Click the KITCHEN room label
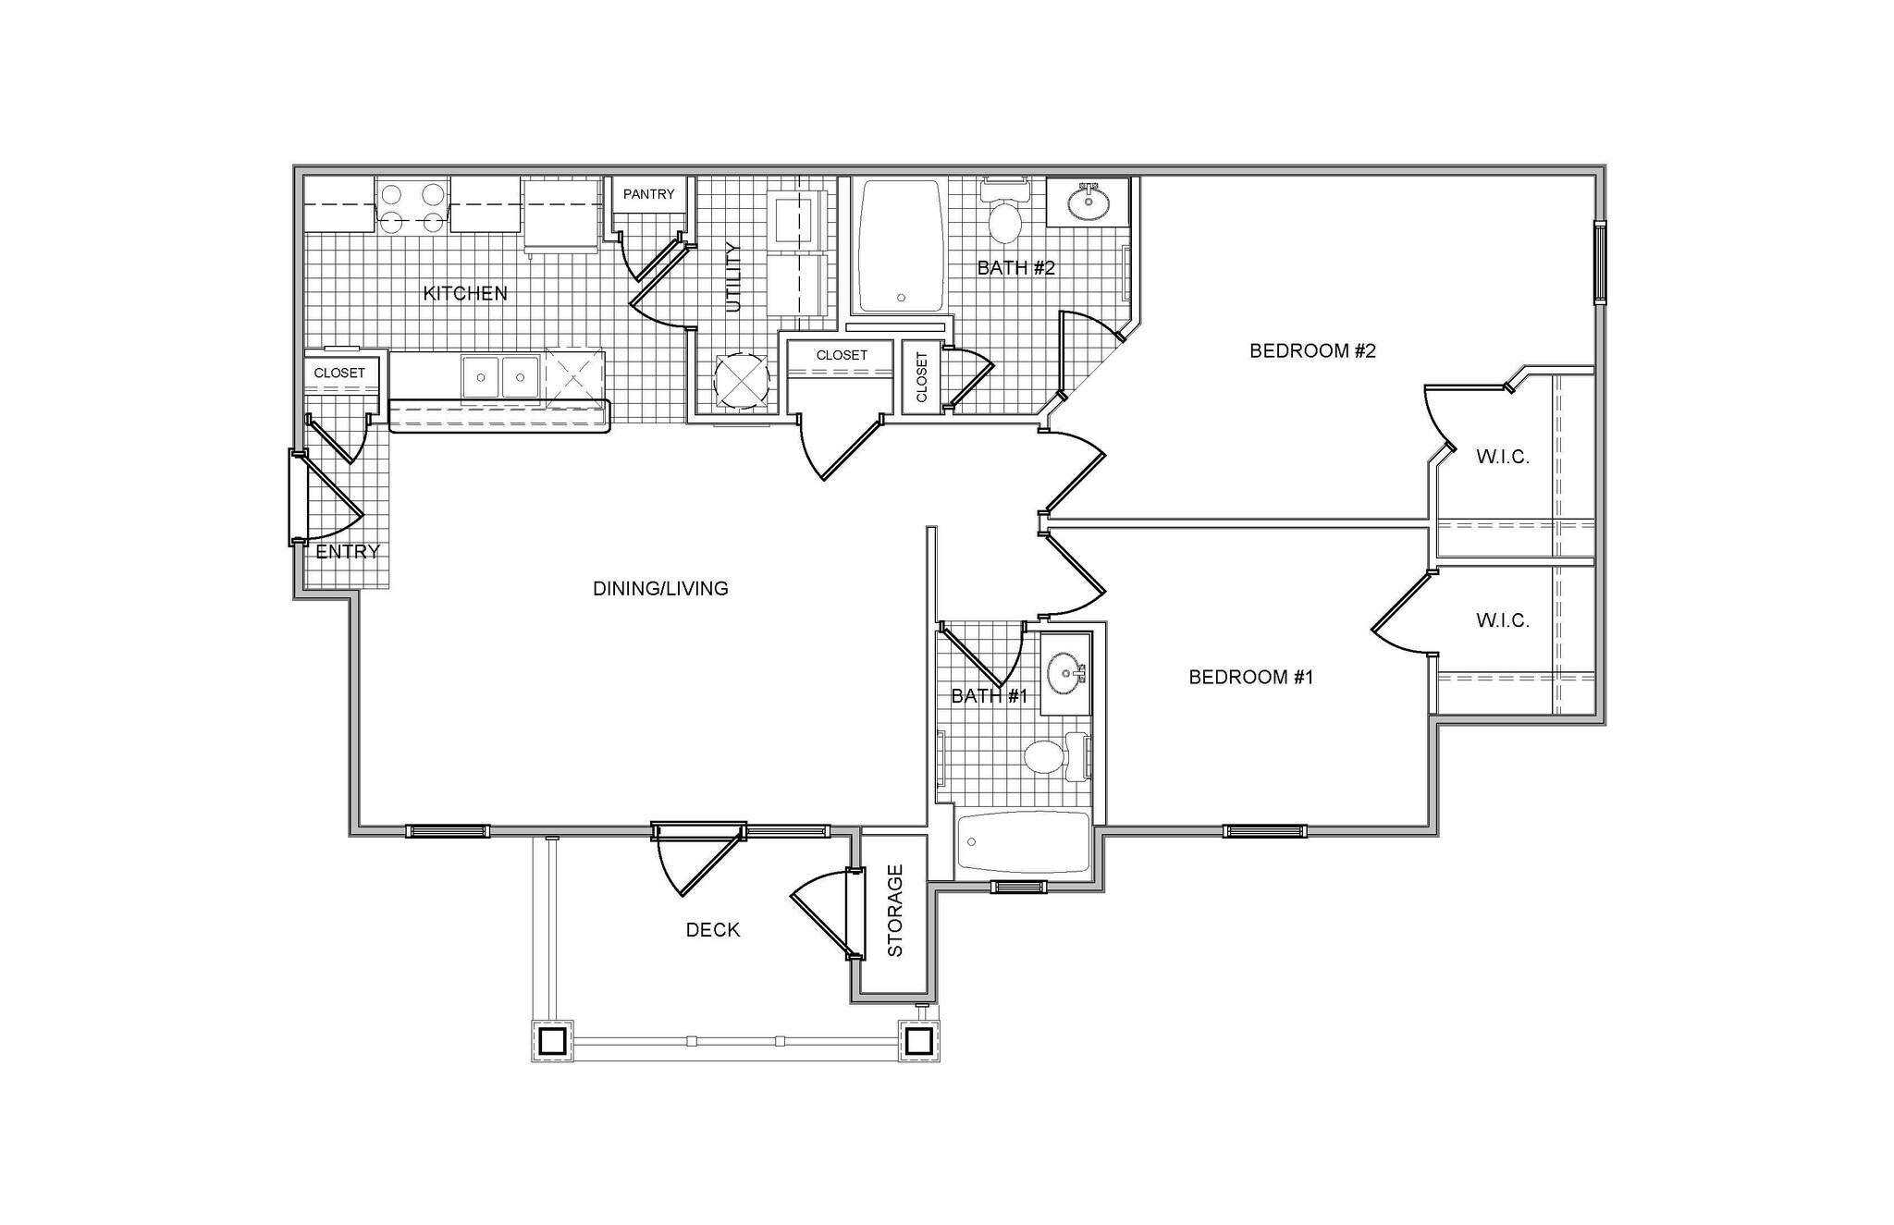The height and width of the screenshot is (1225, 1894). click(465, 293)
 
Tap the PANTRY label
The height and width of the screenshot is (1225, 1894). click(648, 194)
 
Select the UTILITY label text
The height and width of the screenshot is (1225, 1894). click(734, 276)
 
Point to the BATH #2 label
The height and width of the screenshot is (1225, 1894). click(1016, 268)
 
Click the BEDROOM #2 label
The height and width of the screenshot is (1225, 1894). click(1312, 350)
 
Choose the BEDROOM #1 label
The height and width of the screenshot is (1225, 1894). click(1250, 677)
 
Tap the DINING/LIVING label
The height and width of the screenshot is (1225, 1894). click(660, 588)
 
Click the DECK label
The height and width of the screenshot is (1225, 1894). click(712, 930)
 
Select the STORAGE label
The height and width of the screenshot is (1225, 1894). click(895, 911)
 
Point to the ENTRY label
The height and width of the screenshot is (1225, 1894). click(348, 552)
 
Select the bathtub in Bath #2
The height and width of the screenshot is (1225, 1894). click(901, 246)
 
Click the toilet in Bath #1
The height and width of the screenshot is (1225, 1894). click(1046, 757)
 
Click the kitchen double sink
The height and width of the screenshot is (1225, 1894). click(501, 377)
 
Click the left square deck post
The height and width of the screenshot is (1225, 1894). click(552, 1041)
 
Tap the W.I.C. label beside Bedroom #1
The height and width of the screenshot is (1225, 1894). click(1502, 620)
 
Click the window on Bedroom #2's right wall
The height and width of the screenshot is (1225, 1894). click(1599, 263)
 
